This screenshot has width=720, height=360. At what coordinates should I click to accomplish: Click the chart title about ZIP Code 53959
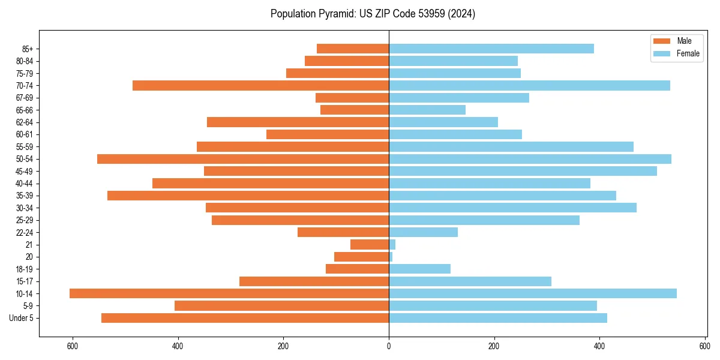tap(373, 14)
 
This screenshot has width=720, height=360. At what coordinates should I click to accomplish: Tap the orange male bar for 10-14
tap(229, 293)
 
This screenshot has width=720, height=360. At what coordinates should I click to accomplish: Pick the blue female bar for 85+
tap(491, 49)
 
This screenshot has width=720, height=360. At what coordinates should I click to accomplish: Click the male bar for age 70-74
tap(260, 86)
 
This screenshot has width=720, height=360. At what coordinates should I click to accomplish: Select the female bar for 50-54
tap(530, 159)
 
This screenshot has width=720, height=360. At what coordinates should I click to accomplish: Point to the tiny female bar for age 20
tap(391, 257)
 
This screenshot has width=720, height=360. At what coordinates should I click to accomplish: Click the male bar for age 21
tap(370, 245)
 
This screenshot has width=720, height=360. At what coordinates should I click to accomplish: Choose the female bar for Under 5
tap(498, 318)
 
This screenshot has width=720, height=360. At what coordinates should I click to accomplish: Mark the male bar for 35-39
tap(248, 196)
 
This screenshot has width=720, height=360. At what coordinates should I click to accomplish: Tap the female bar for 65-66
tap(427, 110)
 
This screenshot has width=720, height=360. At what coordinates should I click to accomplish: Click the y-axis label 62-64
tap(25, 122)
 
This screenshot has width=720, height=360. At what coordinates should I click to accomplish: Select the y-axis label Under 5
tap(22, 318)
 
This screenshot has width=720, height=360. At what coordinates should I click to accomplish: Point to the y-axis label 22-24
tap(25, 232)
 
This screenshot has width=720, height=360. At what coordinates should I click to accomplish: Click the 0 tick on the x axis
tap(389, 346)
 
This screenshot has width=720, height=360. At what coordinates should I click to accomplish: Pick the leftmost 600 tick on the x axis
tap(73, 346)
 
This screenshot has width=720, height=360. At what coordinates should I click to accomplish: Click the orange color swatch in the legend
tap(662, 41)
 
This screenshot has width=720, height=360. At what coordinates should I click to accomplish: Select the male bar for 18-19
tap(357, 269)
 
